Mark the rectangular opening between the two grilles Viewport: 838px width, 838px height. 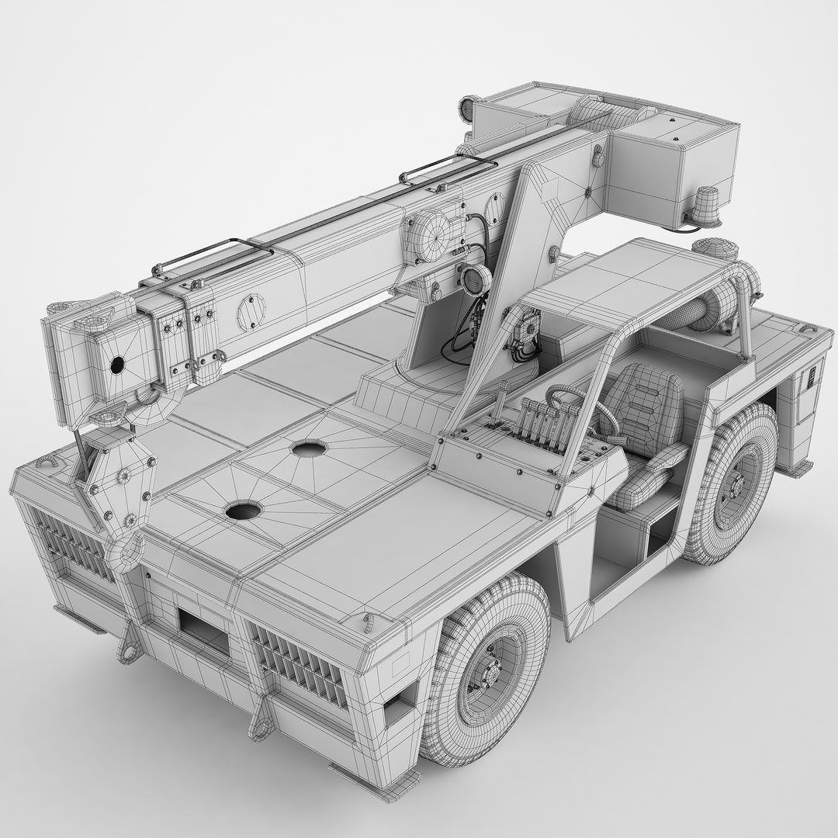203,625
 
